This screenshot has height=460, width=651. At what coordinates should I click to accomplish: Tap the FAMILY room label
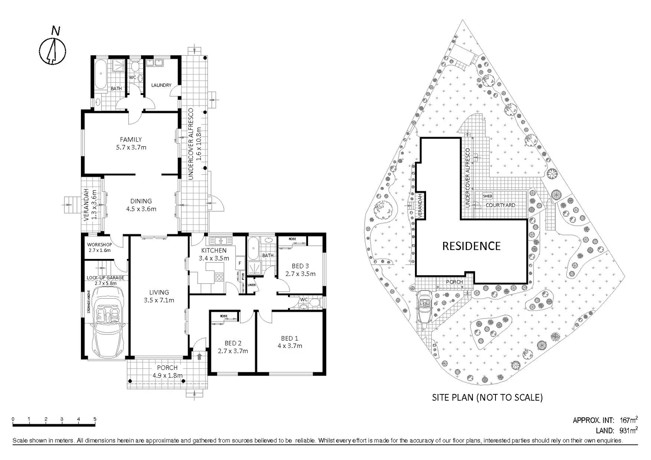click(130, 139)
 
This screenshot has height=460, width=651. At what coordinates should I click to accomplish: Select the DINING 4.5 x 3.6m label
click(141, 205)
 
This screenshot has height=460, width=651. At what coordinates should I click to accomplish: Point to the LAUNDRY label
click(161, 85)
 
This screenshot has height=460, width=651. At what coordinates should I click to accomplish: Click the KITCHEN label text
click(214, 250)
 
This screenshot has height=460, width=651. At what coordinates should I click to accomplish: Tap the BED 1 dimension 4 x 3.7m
click(290, 346)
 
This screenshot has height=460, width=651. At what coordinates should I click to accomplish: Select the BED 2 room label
click(233, 343)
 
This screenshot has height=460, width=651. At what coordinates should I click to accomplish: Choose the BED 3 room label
click(300, 266)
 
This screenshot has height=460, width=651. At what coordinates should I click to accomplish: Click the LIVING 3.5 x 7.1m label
click(159, 296)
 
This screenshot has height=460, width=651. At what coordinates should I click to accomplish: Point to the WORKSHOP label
click(99, 245)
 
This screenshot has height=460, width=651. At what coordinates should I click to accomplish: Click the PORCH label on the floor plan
click(167, 368)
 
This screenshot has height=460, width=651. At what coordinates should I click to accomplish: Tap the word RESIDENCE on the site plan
click(471, 246)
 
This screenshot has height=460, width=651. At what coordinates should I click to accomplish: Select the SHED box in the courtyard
click(487, 196)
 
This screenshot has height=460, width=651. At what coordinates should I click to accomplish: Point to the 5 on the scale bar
click(95, 419)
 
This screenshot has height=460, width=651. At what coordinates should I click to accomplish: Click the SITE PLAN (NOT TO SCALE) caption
click(487, 397)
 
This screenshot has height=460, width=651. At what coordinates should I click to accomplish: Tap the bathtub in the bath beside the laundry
click(101, 75)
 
